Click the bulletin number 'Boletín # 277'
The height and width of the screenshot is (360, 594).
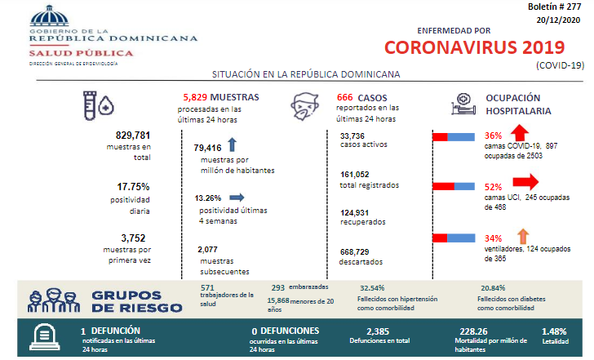pyautogui.click(x=558, y=7)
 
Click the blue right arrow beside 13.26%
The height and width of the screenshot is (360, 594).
pyautogui.click(x=237, y=197)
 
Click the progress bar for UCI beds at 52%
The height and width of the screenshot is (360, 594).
pyautogui.click(x=454, y=187)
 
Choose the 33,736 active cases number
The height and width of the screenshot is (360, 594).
pyautogui.click(x=352, y=136)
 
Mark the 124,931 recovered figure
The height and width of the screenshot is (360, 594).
pyautogui.click(x=356, y=212)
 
